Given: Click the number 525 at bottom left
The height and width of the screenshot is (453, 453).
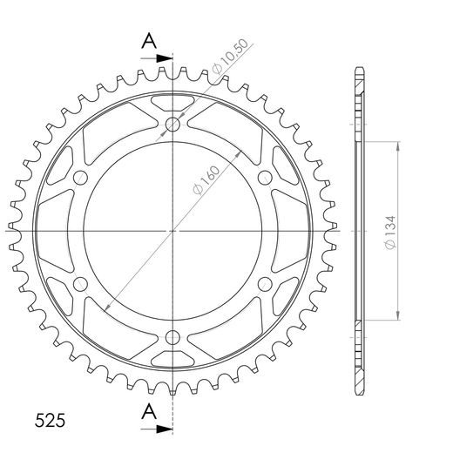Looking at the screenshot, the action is tap(50, 420).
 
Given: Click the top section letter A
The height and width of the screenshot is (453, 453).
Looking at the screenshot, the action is tap(149, 41).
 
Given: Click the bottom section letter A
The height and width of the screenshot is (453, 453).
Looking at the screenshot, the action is tap(149, 411).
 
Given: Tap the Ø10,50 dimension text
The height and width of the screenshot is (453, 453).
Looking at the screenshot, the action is tap(230, 56).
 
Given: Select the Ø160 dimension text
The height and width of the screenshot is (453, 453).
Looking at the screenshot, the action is tap(206, 180).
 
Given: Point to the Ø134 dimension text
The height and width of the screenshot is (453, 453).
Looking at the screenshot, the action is tap(390, 233).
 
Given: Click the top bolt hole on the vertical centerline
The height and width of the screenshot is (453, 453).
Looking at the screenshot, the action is tap(172, 125).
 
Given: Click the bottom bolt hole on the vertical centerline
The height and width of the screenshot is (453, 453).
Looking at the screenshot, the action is tap(172, 337).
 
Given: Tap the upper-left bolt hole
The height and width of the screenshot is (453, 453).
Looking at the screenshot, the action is tap(80, 178).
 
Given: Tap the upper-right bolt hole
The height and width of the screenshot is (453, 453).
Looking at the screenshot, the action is tap(265, 178).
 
